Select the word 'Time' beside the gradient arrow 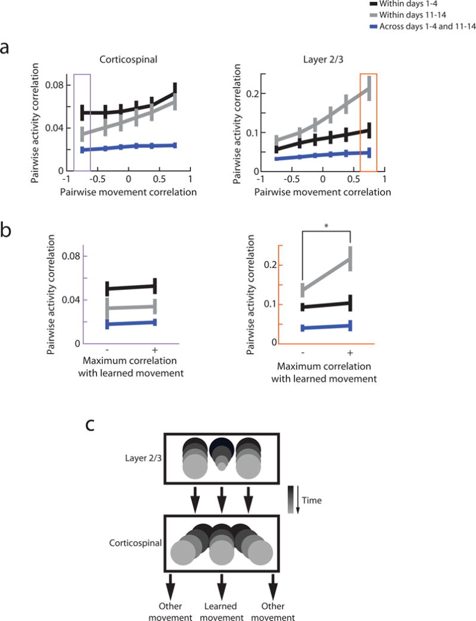[311, 501]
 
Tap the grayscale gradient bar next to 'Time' [290, 500]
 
